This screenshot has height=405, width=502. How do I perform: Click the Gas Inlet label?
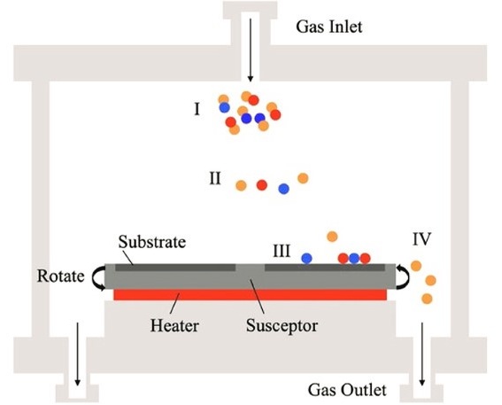pyautogui.click(x=328, y=27)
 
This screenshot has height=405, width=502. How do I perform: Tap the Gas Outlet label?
pyautogui.click(x=347, y=390)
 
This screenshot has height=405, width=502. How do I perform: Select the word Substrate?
pyautogui.click(x=152, y=242)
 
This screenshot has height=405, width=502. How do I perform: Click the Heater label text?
pyautogui.click(x=174, y=325)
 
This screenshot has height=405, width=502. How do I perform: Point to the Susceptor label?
pyautogui.click(x=282, y=326)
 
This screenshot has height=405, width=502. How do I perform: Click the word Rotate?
pyautogui.click(x=60, y=276)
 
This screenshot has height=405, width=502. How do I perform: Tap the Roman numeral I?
pyautogui.click(x=197, y=109)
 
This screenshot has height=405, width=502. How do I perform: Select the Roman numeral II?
pyautogui.click(x=215, y=178)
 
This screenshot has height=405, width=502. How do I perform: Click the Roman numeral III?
pyautogui.click(x=282, y=251)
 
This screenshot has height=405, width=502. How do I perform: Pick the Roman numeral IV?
pyautogui.click(x=421, y=238)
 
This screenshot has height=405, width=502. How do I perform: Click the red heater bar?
pyautogui.click(x=250, y=295)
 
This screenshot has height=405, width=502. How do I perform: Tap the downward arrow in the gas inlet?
pyautogui.click(x=251, y=50)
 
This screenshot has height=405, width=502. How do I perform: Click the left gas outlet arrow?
pyautogui.click(x=77, y=354)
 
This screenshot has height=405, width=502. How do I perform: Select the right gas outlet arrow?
pyautogui.click(x=422, y=354)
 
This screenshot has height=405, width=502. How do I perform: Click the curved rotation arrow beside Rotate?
pyautogui.click(x=98, y=278)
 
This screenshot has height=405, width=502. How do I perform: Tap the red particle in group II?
pyautogui.click(x=261, y=185)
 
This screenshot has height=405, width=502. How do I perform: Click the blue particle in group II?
pyautogui.click(x=283, y=189)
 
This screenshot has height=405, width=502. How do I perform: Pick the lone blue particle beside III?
pyautogui.click(x=306, y=258)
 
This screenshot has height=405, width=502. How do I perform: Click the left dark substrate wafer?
pyautogui.click(x=175, y=268)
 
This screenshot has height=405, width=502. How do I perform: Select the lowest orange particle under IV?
pyautogui.click(x=427, y=299)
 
